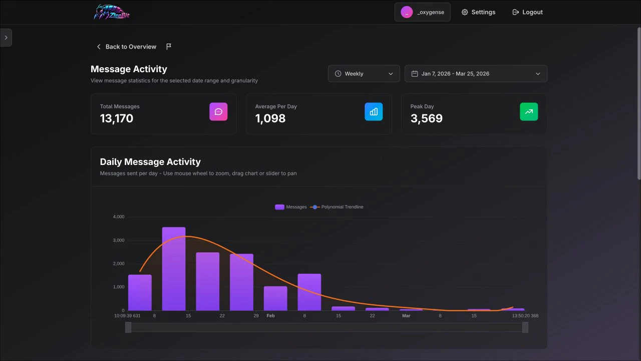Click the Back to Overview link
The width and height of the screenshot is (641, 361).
126,47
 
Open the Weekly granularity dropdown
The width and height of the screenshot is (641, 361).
364,74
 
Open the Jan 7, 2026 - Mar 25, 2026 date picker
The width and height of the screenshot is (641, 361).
475,74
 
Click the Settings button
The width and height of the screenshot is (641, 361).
478,12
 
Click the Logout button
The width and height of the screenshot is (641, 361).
527,12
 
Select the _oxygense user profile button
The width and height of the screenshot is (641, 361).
422,12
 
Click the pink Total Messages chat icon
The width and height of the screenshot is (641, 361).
218,112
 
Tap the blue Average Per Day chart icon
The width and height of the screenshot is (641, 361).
374,112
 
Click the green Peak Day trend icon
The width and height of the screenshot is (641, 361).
529,112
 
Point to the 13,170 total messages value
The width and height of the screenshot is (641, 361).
117,118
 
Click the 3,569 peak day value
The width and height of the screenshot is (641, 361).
427,118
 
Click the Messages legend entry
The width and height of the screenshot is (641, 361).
291,207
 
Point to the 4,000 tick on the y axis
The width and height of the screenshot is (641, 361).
119,217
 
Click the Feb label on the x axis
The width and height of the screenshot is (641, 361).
270,316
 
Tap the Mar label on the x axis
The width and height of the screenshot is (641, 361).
406,316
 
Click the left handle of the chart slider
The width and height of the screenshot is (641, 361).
128,327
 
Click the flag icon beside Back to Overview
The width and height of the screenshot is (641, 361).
169,47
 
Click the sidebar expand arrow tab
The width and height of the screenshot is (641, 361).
6,38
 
